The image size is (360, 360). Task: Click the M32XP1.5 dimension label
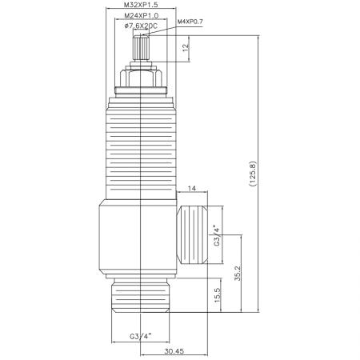141,6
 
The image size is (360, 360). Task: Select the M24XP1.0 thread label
141,15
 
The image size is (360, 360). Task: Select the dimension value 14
192,189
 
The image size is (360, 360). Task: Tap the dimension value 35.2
237,274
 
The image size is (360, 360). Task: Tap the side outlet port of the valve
197,237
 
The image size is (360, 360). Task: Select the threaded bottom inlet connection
141,296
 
